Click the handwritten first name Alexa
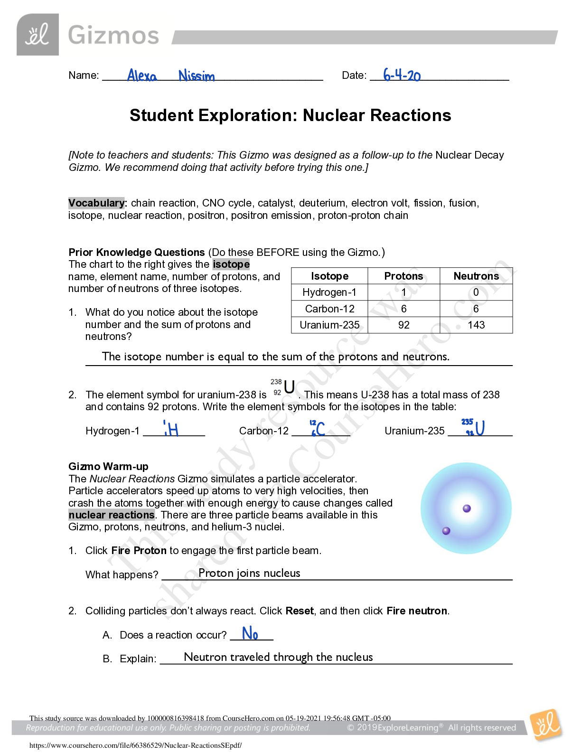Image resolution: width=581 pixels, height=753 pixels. (142, 75)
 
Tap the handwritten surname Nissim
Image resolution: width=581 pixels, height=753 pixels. (197, 76)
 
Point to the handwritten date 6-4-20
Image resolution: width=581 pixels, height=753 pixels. (402, 75)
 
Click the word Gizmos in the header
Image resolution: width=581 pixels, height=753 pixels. (113, 36)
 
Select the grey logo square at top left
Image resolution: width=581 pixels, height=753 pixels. (37, 35)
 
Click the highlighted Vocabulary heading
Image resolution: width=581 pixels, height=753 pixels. (96, 203)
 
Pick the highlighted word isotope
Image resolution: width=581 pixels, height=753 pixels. (231, 264)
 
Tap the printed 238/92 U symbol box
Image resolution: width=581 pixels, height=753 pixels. (283, 387)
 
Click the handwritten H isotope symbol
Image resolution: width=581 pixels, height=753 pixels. (171, 429)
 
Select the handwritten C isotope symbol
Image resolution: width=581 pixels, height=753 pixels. (318, 428)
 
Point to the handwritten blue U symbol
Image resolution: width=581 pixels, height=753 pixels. (474, 427)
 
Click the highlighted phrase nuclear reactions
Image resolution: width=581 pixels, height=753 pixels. (112, 515)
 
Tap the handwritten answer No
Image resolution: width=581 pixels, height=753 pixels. (250, 633)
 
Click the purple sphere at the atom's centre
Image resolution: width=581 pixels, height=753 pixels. (467, 508)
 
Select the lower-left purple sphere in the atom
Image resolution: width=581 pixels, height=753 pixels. (446, 531)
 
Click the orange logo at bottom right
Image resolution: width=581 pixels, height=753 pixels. (546, 725)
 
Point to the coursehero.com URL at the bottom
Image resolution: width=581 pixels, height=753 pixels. (135, 745)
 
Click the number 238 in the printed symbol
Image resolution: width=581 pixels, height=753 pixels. (276, 382)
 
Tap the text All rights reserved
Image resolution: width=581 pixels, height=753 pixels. (482, 728)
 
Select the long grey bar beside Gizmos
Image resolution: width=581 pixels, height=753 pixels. (365, 38)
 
